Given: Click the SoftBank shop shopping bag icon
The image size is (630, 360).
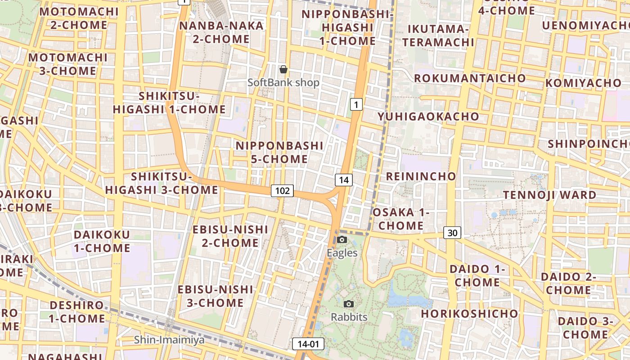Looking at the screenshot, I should tap(283, 69).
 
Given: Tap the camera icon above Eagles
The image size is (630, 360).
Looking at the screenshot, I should tap(342, 239).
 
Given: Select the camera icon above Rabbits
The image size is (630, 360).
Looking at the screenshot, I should tap(349, 304).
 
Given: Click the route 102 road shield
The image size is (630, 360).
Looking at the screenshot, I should tap(282, 191).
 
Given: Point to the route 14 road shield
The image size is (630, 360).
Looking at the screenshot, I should tap(343, 180).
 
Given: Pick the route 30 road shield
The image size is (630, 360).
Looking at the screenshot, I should tap(452, 233).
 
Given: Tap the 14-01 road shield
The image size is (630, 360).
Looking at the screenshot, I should tap(308, 344).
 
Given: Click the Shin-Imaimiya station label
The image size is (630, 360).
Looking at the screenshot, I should tap(169, 340).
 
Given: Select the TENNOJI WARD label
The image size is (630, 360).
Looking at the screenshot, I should tap(549, 195).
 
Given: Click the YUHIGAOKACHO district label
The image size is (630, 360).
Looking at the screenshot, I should tap(428, 117).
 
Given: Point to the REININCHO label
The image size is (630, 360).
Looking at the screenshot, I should tap(421, 176).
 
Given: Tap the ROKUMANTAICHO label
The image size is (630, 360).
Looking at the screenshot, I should tap(470, 78).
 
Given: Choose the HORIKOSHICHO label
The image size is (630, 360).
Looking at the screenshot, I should tap(470, 313).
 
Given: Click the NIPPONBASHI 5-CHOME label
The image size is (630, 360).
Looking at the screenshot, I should tap(279, 153).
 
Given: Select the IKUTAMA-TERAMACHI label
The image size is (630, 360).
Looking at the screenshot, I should tap(438, 36).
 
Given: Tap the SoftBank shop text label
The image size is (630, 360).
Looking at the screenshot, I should tap(283, 83).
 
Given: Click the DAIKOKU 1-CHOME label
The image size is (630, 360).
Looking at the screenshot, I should tap(102, 241).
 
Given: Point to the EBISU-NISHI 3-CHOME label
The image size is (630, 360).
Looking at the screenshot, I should tap(215, 296).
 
